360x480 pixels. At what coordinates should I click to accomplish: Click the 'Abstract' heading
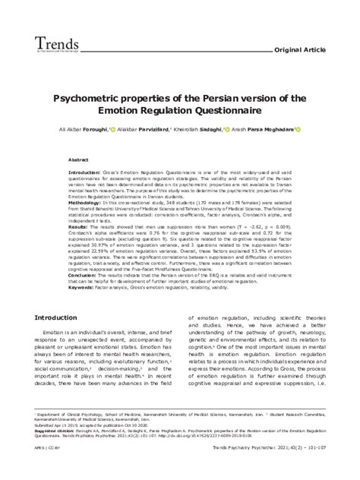coord(79,161)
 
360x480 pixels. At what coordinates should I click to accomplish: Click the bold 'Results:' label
coord(77,227)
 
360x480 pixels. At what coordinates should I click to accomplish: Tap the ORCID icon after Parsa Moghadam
coord(298,129)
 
